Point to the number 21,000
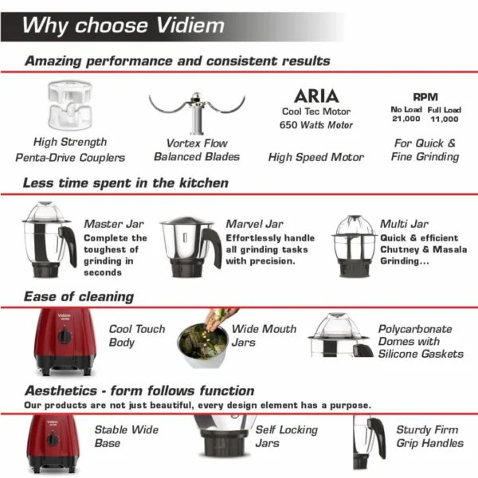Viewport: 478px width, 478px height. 406,119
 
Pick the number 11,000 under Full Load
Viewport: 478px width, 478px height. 443,119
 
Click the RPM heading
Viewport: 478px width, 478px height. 425,96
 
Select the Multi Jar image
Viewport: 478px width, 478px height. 354,245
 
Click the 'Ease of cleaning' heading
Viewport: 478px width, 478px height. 78,297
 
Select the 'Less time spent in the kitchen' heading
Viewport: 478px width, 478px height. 126,183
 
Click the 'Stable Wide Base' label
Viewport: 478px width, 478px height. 127,437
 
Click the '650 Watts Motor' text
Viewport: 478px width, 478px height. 315,125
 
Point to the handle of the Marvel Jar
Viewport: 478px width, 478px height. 213,247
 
